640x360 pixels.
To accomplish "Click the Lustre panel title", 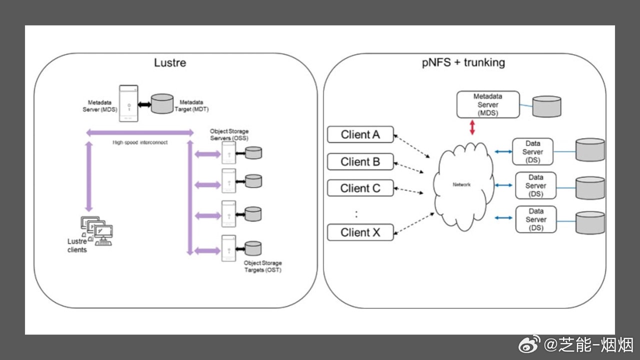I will pyautogui.click(x=170, y=63).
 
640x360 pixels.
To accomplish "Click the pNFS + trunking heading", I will pyautogui.click(x=463, y=62).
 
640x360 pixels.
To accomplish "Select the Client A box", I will pyautogui.click(x=360, y=134).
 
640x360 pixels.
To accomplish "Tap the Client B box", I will pyautogui.click(x=360, y=162).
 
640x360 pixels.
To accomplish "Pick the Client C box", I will pyautogui.click(x=360, y=188).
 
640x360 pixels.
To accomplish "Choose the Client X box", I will pyautogui.click(x=360, y=232).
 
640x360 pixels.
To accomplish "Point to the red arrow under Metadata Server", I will pyautogui.click(x=472, y=127).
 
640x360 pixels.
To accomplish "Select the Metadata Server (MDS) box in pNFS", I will pyautogui.click(x=488, y=104).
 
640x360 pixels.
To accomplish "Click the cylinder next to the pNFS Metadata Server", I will pyautogui.click(x=546, y=107).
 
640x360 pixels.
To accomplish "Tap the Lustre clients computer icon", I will pyautogui.click(x=96, y=230).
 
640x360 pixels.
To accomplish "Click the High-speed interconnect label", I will pyautogui.click(x=139, y=142).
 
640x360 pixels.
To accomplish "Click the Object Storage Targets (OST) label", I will pyautogui.click(x=262, y=266).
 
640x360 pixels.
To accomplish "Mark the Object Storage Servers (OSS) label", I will pyautogui.click(x=229, y=134).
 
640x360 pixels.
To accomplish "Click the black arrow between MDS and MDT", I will pyautogui.click(x=144, y=104).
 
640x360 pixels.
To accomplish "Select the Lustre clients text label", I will pyautogui.click(x=77, y=245).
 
